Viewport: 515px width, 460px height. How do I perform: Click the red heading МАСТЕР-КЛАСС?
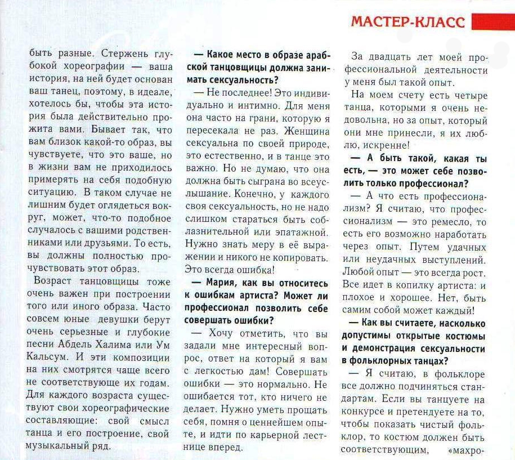(409, 22)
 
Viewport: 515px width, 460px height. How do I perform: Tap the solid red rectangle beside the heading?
(492, 22)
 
